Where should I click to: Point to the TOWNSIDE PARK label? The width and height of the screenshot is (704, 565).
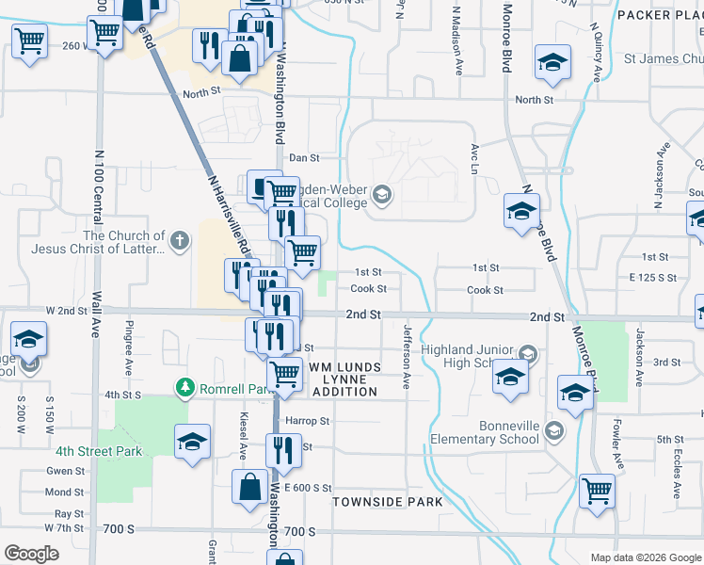point(388,502)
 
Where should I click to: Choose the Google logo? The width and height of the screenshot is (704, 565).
point(31,553)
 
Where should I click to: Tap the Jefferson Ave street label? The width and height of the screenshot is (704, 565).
point(408,357)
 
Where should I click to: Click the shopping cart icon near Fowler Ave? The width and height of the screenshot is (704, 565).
point(597,490)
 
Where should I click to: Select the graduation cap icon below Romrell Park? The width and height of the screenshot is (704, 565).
point(192,442)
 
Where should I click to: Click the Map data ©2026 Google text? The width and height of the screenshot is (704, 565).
point(645,557)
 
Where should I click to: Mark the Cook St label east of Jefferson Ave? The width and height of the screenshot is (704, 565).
point(485,290)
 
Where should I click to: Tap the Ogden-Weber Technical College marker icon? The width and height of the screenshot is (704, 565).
point(381,195)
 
